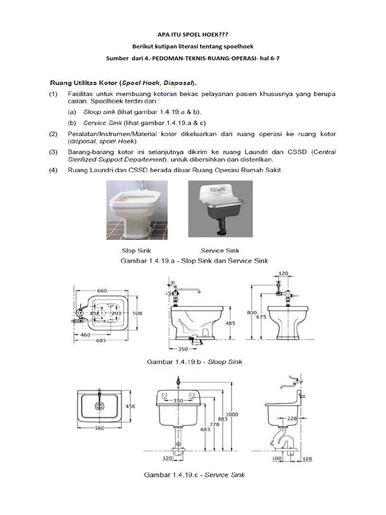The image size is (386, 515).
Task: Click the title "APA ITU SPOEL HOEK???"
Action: pos(192,35)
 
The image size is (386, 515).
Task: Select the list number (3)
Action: pos(53,152)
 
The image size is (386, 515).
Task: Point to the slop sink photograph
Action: pos(137,210)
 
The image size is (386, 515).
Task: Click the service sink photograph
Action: pos(220,209)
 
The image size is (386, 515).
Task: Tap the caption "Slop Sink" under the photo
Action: pos(136,250)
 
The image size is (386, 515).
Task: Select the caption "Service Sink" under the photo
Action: pos(220,250)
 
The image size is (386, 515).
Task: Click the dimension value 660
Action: pos(102,291)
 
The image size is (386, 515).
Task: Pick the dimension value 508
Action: pos(137,313)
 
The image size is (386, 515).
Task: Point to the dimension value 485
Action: pos(230,323)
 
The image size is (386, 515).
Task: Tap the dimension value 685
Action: pos(101,340)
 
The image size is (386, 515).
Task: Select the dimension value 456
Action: pos(130,406)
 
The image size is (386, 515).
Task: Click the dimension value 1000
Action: pos(232,414)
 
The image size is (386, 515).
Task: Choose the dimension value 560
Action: pos(100,428)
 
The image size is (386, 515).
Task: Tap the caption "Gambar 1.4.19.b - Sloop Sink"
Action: pos(195,362)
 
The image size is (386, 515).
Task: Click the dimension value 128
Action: pos(307,459)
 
